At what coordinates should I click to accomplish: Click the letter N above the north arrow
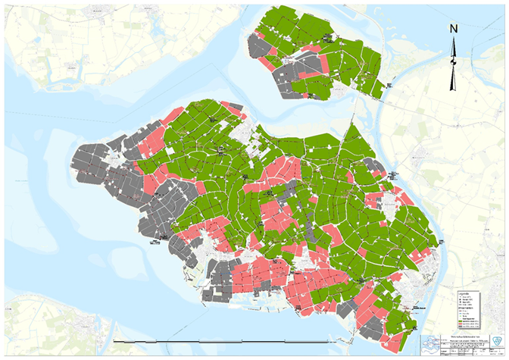point(454,30)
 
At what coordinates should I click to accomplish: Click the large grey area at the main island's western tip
point(98,163)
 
